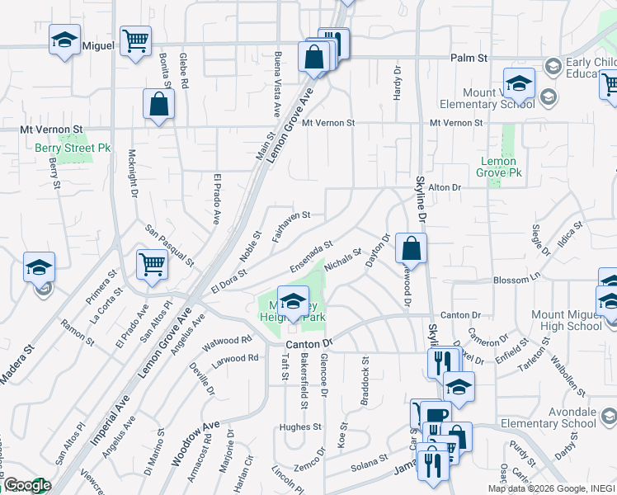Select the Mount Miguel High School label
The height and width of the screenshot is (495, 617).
[567, 320]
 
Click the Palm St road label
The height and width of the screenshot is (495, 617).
[470, 59]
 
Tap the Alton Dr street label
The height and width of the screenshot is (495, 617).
[444, 188]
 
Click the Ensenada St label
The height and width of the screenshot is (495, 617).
[310, 257]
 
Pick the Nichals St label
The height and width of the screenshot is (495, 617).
[343, 260]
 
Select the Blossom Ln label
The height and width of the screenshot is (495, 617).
[511, 280]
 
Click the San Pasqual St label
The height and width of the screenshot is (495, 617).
[169, 245]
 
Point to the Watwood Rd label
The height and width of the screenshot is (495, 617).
[227, 339]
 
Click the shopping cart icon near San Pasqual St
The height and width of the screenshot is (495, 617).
[153, 265]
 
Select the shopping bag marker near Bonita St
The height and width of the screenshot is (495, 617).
[158, 104]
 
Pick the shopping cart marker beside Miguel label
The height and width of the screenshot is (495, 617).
[134, 40]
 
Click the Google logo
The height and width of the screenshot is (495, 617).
[27, 485]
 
